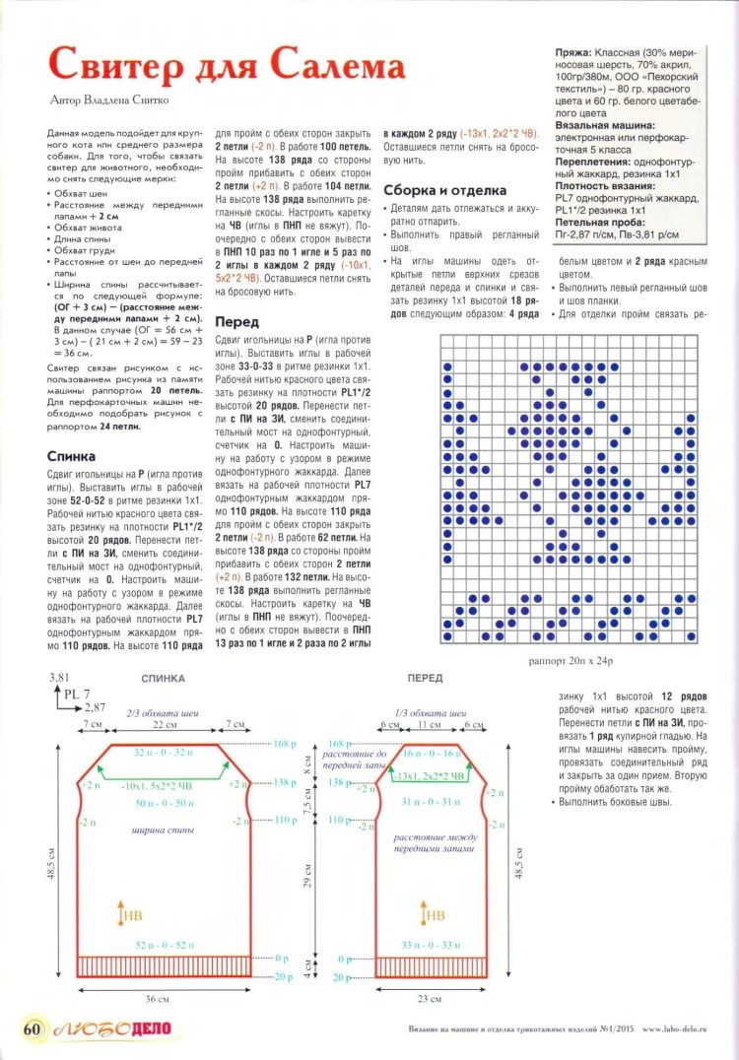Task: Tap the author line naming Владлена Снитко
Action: (x=109, y=99)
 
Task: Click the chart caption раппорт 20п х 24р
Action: (x=571, y=662)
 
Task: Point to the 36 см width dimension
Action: (x=157, y=999)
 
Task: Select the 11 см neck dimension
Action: (x=433, y=724)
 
